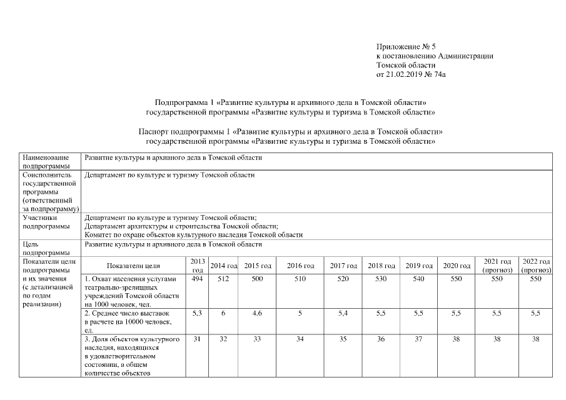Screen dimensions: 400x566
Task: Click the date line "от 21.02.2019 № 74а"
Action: [x=411, y=74]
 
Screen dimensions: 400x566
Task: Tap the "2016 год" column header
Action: [x=300, y=266]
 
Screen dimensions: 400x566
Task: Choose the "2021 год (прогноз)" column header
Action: [x=497, y=266]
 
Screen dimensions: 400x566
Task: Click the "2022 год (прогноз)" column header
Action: [x=535, y=266]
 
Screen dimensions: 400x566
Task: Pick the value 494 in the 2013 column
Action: [x=197, y=279]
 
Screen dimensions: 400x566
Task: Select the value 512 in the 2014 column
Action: [x=223, y=279]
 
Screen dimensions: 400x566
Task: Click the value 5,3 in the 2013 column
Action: [x=197, y=312]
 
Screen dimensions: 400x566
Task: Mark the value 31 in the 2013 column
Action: [x=197, y=339]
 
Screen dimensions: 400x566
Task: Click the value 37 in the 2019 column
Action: [x=418, y=339]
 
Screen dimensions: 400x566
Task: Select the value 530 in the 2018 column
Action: [x=381, y=279]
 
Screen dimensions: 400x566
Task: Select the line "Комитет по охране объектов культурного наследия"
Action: [x=193, y=235]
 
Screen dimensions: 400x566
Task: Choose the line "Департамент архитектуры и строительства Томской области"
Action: [x=181, y=226]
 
